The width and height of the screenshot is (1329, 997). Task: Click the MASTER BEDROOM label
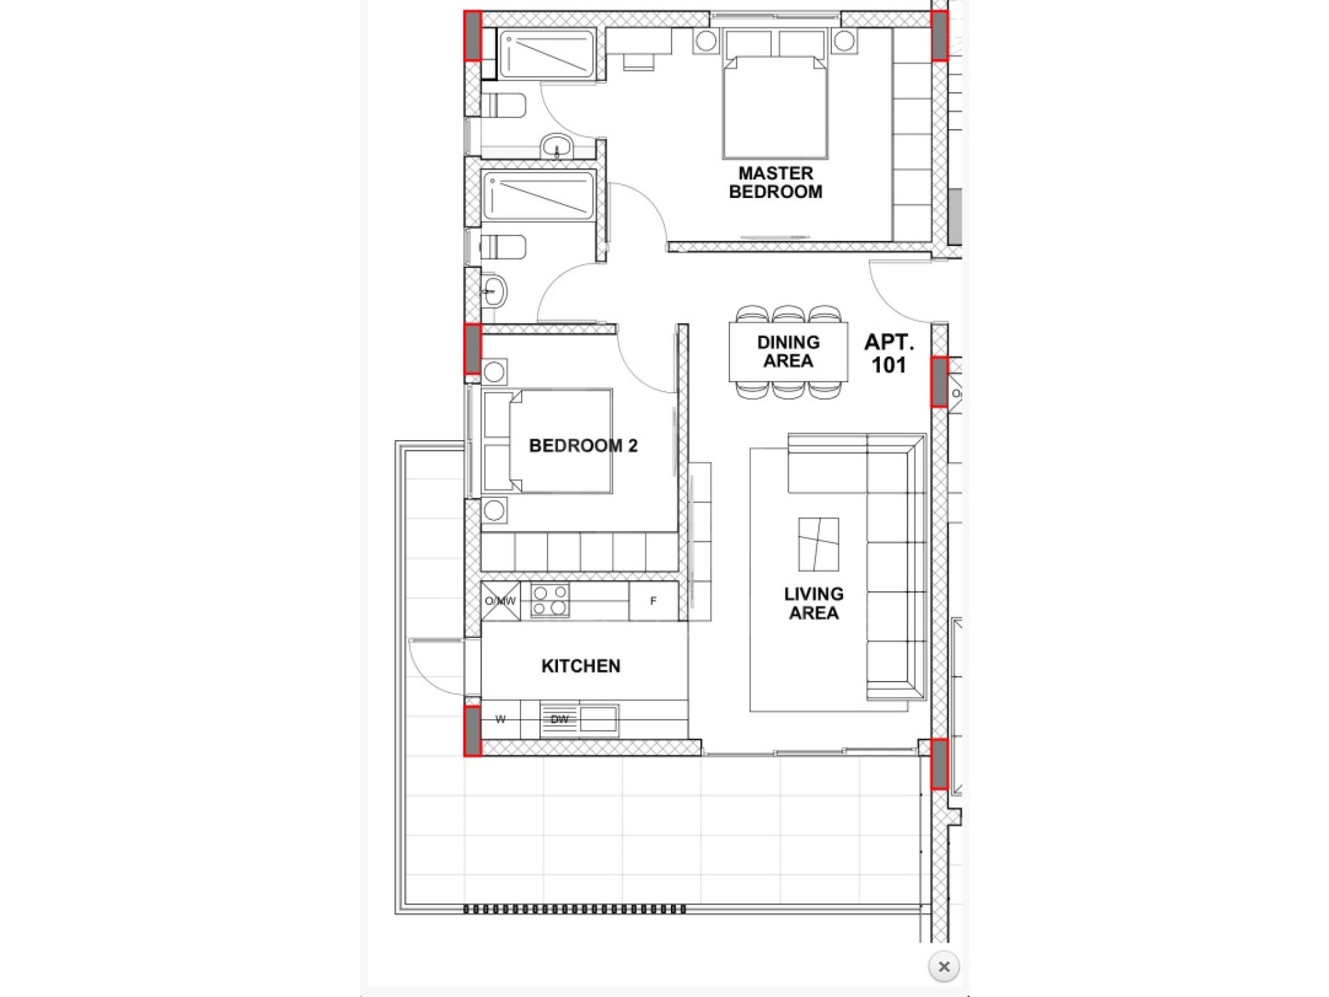[x=775, y=182]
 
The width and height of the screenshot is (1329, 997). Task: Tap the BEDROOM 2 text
[x=583, y=446]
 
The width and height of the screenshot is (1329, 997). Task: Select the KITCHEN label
[x=581, y=666]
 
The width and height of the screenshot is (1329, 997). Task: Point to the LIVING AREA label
[x=814, y=604]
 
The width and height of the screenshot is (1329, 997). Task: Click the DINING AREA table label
[x=788, y=351]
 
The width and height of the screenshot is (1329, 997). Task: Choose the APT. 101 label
[x=889, y=353]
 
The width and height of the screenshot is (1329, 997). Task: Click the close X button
[x=944, y=966]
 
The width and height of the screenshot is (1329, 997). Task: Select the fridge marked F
[x=653, y=601]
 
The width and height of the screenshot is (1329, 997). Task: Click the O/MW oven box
[x=500, y=601]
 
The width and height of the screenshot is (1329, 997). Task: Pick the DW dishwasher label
[x=559, y=719]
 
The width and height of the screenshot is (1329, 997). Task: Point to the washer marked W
[x=500, y=719]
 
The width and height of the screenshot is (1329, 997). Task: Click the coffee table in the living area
[x=818, y=544]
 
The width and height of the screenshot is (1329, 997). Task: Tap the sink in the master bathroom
[x=556, y=145]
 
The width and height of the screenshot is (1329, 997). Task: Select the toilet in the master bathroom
[x=504, y=105]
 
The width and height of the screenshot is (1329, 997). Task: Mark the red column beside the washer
[x=472, y=731]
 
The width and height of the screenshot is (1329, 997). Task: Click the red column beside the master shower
[x=472, y=36]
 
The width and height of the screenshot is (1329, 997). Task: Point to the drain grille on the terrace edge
[x=575, y=909]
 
